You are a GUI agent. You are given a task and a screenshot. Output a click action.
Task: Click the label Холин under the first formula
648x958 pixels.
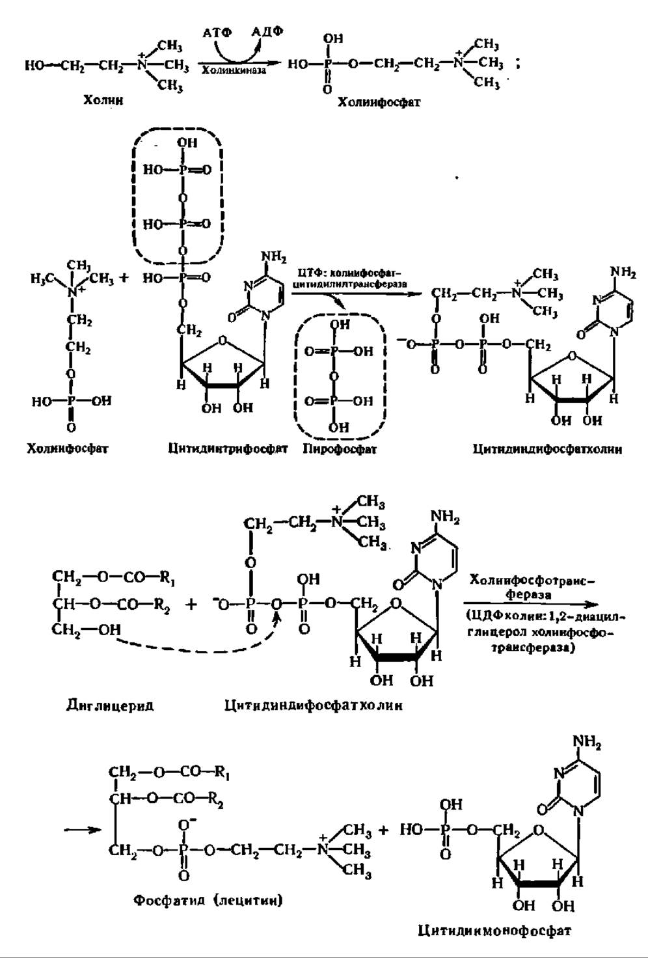click(103, 100)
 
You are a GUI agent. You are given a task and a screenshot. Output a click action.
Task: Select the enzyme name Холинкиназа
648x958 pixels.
click(234, 70)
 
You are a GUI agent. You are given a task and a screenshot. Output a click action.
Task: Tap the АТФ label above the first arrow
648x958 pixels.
click(217, 32)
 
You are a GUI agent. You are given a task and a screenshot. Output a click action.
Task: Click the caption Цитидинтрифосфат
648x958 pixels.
click(227, 448)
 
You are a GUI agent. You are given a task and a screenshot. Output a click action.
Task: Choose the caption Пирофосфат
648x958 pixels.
click(339, 448)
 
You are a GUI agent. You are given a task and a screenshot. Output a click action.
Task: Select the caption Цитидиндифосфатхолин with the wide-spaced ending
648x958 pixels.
click(313, 705)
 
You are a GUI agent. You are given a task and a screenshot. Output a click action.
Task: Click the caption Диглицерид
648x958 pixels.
click(110, 705)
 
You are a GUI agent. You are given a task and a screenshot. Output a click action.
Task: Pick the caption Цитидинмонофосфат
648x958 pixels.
click(494, 931)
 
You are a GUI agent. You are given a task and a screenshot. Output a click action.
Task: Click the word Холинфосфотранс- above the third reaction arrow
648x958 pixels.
click(533, 580)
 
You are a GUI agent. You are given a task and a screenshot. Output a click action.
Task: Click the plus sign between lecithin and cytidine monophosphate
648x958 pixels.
click(383, 830)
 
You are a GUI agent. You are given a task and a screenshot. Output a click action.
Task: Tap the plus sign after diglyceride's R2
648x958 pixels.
click(191, 604)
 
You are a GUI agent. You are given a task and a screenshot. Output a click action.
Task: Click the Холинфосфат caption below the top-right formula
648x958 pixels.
click(379, 102)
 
